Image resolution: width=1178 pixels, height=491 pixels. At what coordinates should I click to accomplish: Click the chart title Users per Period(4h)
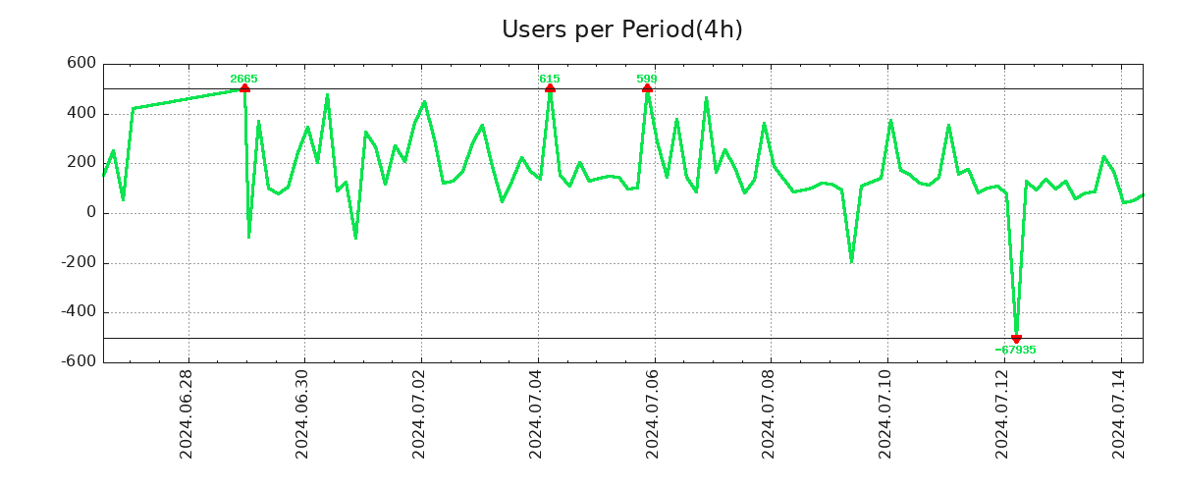click(x=621, y=30)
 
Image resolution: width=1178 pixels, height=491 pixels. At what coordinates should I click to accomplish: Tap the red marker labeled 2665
click(x=244, y=88)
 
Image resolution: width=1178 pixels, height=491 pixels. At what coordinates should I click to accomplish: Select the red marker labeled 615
click(x=550, y=88)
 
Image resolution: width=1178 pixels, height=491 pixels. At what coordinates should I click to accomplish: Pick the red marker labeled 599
click(x=647, y=88)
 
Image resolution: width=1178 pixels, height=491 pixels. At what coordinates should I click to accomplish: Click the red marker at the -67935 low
click(x=1016, y=338)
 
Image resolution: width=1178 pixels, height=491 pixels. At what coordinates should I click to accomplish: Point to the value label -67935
click(x=1015, y=350)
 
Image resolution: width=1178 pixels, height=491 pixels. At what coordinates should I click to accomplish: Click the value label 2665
click(x=243, y=79)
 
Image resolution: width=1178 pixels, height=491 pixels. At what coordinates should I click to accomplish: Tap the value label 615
click(x=550, y=79)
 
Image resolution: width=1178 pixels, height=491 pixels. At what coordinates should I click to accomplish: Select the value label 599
click(x=647, y=79)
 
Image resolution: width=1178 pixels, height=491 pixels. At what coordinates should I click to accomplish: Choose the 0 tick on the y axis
click(x=91, y=212)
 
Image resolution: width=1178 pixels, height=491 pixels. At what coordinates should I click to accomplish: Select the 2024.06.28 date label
click(x=187, y=413)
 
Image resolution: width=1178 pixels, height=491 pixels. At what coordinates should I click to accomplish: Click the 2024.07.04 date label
click(x=536, y=413)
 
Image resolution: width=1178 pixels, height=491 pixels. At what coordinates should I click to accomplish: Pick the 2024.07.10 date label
click(x=885, y=413)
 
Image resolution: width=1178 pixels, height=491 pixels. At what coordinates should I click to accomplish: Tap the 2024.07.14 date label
click(x=1119, y=413)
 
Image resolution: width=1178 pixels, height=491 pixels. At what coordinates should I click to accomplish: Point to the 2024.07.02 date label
click(x=419, y=413)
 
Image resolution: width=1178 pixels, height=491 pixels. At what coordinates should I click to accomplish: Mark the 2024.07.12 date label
click(x=1002, y=413)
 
